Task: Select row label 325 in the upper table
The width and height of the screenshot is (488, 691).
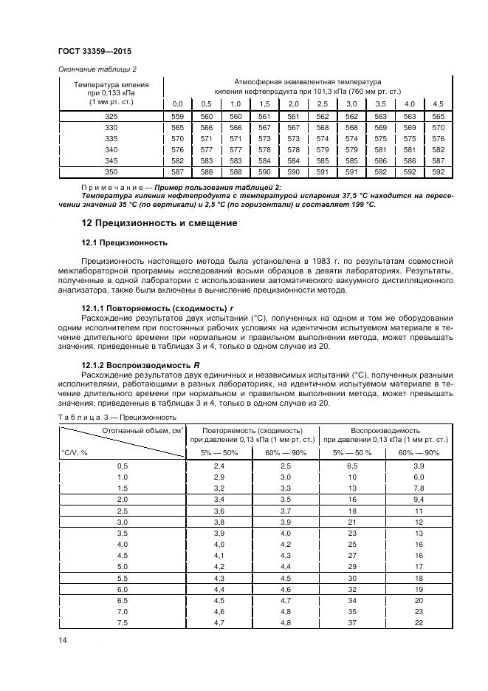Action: point(111,117)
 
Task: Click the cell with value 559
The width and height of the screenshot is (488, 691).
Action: point(177,117)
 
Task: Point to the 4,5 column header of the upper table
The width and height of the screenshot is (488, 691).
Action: point(438,103)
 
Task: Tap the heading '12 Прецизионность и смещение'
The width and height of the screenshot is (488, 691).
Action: point(159,224)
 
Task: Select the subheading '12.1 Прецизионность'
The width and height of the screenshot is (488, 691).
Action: point(124,242)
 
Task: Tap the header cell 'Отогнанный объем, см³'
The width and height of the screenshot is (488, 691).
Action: point(142,430)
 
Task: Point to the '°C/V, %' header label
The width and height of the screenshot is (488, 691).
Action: point(75,452)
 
